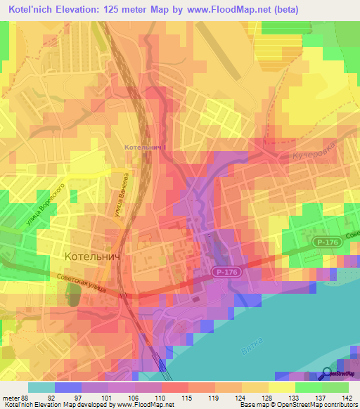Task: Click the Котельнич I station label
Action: (x=145, y=148)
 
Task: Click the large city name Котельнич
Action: (x=93, y=258)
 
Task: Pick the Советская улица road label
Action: (x=79, y=285)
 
